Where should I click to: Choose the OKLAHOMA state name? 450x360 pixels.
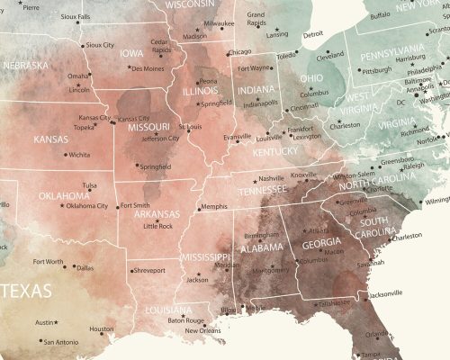tap(64, 195)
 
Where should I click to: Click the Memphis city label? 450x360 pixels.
tap(214, 207)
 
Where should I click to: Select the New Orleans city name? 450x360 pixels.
tap(202, 330)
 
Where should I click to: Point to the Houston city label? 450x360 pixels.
tap(102, 328)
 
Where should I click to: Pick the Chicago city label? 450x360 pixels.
tap(239, 52)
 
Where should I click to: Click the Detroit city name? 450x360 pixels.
tap(312, 35)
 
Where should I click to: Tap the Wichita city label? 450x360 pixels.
tap(79, 155)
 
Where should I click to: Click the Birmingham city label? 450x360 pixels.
tap(260, 236)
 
